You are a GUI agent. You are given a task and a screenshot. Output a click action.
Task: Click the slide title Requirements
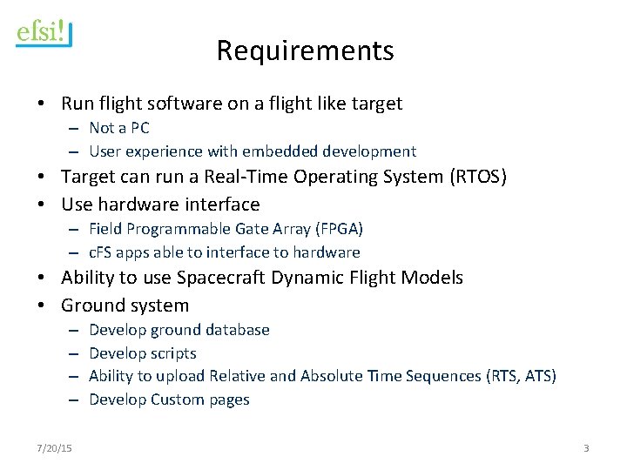(x=305, y=50)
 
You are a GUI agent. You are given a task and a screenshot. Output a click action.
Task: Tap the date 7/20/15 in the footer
(x=54, y=447)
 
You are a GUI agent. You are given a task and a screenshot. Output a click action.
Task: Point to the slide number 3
(x=586, y=447)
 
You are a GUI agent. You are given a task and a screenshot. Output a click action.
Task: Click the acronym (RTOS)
(x=477, y=177)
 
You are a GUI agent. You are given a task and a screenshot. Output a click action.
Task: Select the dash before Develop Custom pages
(x=75, y=399)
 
